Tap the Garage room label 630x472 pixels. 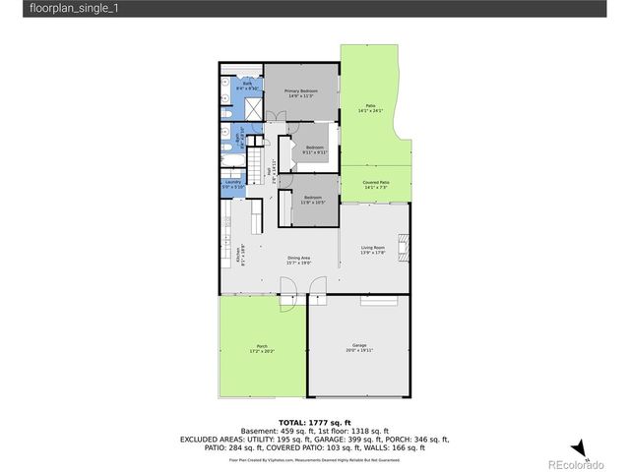tap(358, 347)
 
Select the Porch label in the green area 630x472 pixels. tap(262, 347)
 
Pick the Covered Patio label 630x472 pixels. tap(377, 184)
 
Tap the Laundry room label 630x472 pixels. tap(233, 184)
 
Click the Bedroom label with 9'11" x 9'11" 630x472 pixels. tap(314, 149)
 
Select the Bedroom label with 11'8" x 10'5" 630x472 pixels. tap(313, 200)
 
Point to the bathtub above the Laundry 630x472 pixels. tap(232, 161)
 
